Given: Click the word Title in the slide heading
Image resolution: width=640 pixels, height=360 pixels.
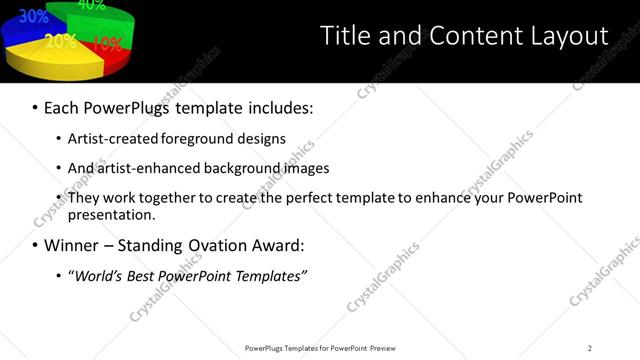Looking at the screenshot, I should (343, 35).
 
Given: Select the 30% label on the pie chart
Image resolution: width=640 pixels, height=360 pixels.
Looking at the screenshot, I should (33, 16).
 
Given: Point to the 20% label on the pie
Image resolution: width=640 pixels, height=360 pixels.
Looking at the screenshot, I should (60, 41).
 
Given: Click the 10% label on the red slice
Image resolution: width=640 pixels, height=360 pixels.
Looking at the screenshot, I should (107, 43).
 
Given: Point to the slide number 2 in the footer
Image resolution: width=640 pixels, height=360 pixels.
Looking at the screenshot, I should (589, 348).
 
